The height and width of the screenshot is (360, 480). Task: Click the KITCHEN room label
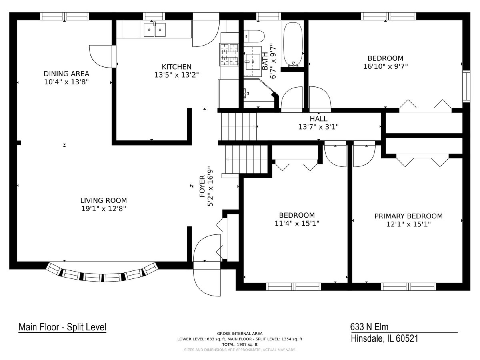(176, 67)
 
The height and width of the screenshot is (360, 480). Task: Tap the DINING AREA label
(66, 74)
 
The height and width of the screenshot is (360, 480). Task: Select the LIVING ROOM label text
(104, 200)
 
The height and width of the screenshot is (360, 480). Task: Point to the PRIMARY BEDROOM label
(408, 216)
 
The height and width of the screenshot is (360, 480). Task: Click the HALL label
(319, 119)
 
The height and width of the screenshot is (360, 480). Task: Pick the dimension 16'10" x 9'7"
(386, 66)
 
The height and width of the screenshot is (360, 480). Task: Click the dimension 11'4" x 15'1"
(297, 224)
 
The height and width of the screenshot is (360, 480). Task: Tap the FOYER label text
(202, 186)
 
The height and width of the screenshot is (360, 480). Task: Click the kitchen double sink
(155, 30)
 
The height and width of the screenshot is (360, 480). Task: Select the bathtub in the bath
(293, 44)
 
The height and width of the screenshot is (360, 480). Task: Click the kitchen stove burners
(229, 54)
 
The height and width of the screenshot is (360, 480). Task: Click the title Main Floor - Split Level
(62, 327)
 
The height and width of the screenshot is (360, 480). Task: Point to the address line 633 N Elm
(369, 327)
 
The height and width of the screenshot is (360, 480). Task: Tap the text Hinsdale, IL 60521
(384, 338)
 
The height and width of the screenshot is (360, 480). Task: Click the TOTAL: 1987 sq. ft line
(240, 345)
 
